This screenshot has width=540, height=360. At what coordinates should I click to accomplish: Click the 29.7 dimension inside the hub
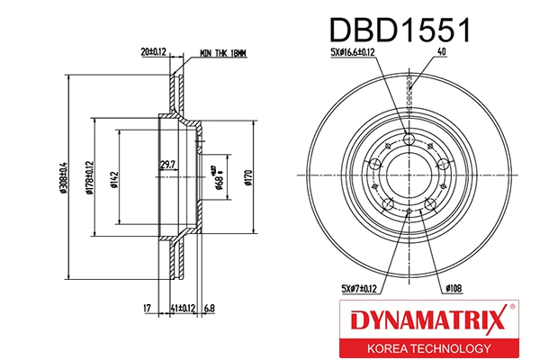click(x=167, y=163)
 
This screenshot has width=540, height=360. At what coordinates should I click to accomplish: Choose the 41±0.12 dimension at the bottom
click(x=183, y=309)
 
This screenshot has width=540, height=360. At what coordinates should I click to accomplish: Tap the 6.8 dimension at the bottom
click(x=210, y=309)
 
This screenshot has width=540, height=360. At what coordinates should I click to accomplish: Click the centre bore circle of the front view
click(x=409, y=175)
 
